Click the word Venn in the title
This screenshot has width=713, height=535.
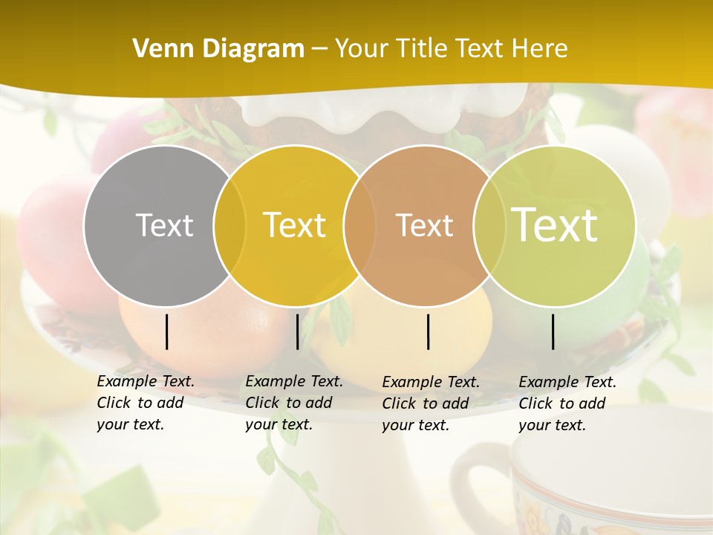tap(159, 49)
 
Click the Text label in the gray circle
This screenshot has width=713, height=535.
tap(164, 225)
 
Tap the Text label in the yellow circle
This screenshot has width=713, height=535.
tap(294, 225)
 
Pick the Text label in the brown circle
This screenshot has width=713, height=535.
tap(424, 225)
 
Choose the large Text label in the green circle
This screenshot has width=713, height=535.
tap(555, 224)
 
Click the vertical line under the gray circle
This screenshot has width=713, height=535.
tap(167, 331)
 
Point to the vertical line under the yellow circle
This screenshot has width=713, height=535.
tap(297, 331)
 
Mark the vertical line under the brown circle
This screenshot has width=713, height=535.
tap(429, 331)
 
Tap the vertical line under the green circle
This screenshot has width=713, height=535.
tap(553, 331)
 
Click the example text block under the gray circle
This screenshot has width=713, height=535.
tap(145, 403)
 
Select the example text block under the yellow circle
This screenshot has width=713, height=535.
tap(293, 403)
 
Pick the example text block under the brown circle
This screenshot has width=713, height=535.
tap(430, 403)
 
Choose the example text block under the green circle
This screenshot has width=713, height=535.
tap(567, 403)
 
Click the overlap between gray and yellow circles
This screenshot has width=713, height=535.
tap(229, 225)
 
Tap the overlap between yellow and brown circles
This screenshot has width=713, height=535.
tap(359, 225)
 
